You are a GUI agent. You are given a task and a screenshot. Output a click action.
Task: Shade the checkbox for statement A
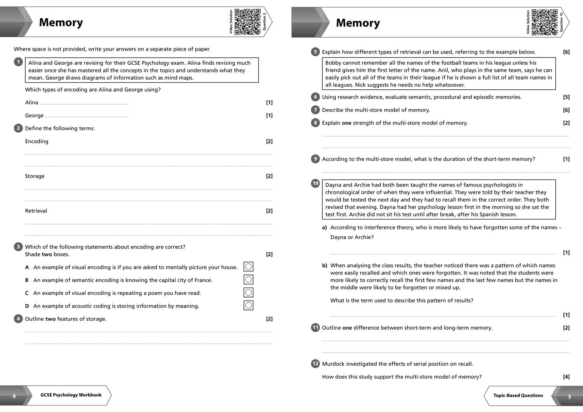tap(248, 266)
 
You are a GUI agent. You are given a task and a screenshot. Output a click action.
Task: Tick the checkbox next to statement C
tap(248, 292)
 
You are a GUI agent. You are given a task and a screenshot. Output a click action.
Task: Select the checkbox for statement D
tap(248, 305)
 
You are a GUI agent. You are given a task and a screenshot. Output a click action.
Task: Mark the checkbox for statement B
tap(248, 280)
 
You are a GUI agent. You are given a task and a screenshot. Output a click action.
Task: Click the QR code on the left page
tap(248, 22)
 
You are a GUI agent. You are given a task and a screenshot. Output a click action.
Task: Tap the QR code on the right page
tap(545, 23)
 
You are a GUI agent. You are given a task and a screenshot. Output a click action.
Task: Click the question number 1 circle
tap(18, 62)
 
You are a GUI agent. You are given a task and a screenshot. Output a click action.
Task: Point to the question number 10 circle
tap(315, 183)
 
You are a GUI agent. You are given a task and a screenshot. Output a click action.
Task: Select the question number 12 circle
tap(315, 363)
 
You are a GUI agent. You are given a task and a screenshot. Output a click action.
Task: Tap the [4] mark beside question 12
tap(566, 377)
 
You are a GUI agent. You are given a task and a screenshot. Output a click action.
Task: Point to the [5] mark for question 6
tap(566, 97)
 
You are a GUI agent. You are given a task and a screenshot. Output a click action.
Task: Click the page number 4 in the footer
tap(14, 396)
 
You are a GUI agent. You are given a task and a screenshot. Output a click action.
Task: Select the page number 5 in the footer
tap(569, 396)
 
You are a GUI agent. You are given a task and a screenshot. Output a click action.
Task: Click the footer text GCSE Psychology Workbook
tap(71, 395)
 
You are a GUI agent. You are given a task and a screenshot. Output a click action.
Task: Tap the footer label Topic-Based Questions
tap(518, 395)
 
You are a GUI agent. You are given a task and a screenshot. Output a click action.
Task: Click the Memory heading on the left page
tap(61, 23)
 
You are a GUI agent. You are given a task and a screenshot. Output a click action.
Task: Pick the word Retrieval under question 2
tap(36, 211)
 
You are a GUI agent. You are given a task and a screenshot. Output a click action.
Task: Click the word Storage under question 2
tap(35, 176)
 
